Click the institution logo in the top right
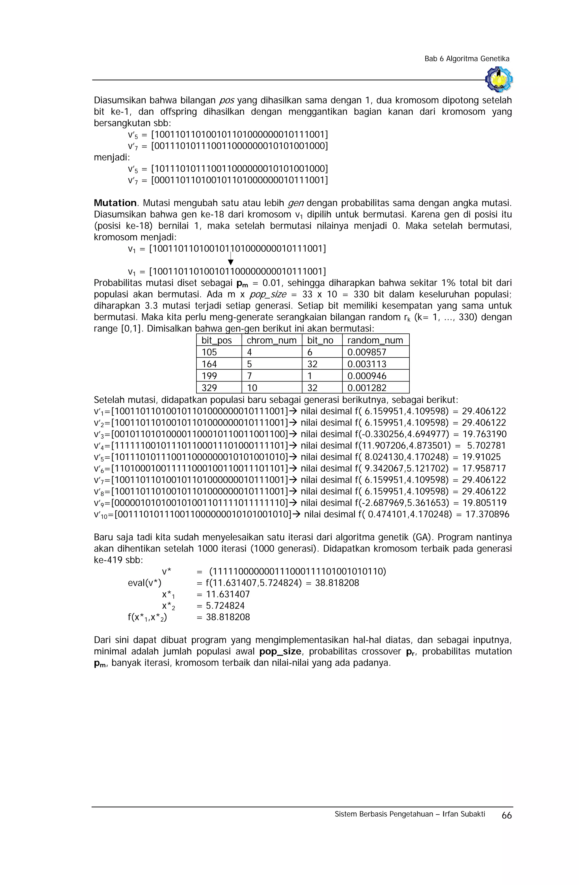point(499,79)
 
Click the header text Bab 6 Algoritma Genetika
point(467,59)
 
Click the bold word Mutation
point(115,203)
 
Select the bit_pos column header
point(217,340)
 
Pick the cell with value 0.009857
point(366,352)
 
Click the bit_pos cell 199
point(209,376)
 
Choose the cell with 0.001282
point(366,388)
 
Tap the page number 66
point(506,815)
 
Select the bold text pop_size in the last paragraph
point(280,652)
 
